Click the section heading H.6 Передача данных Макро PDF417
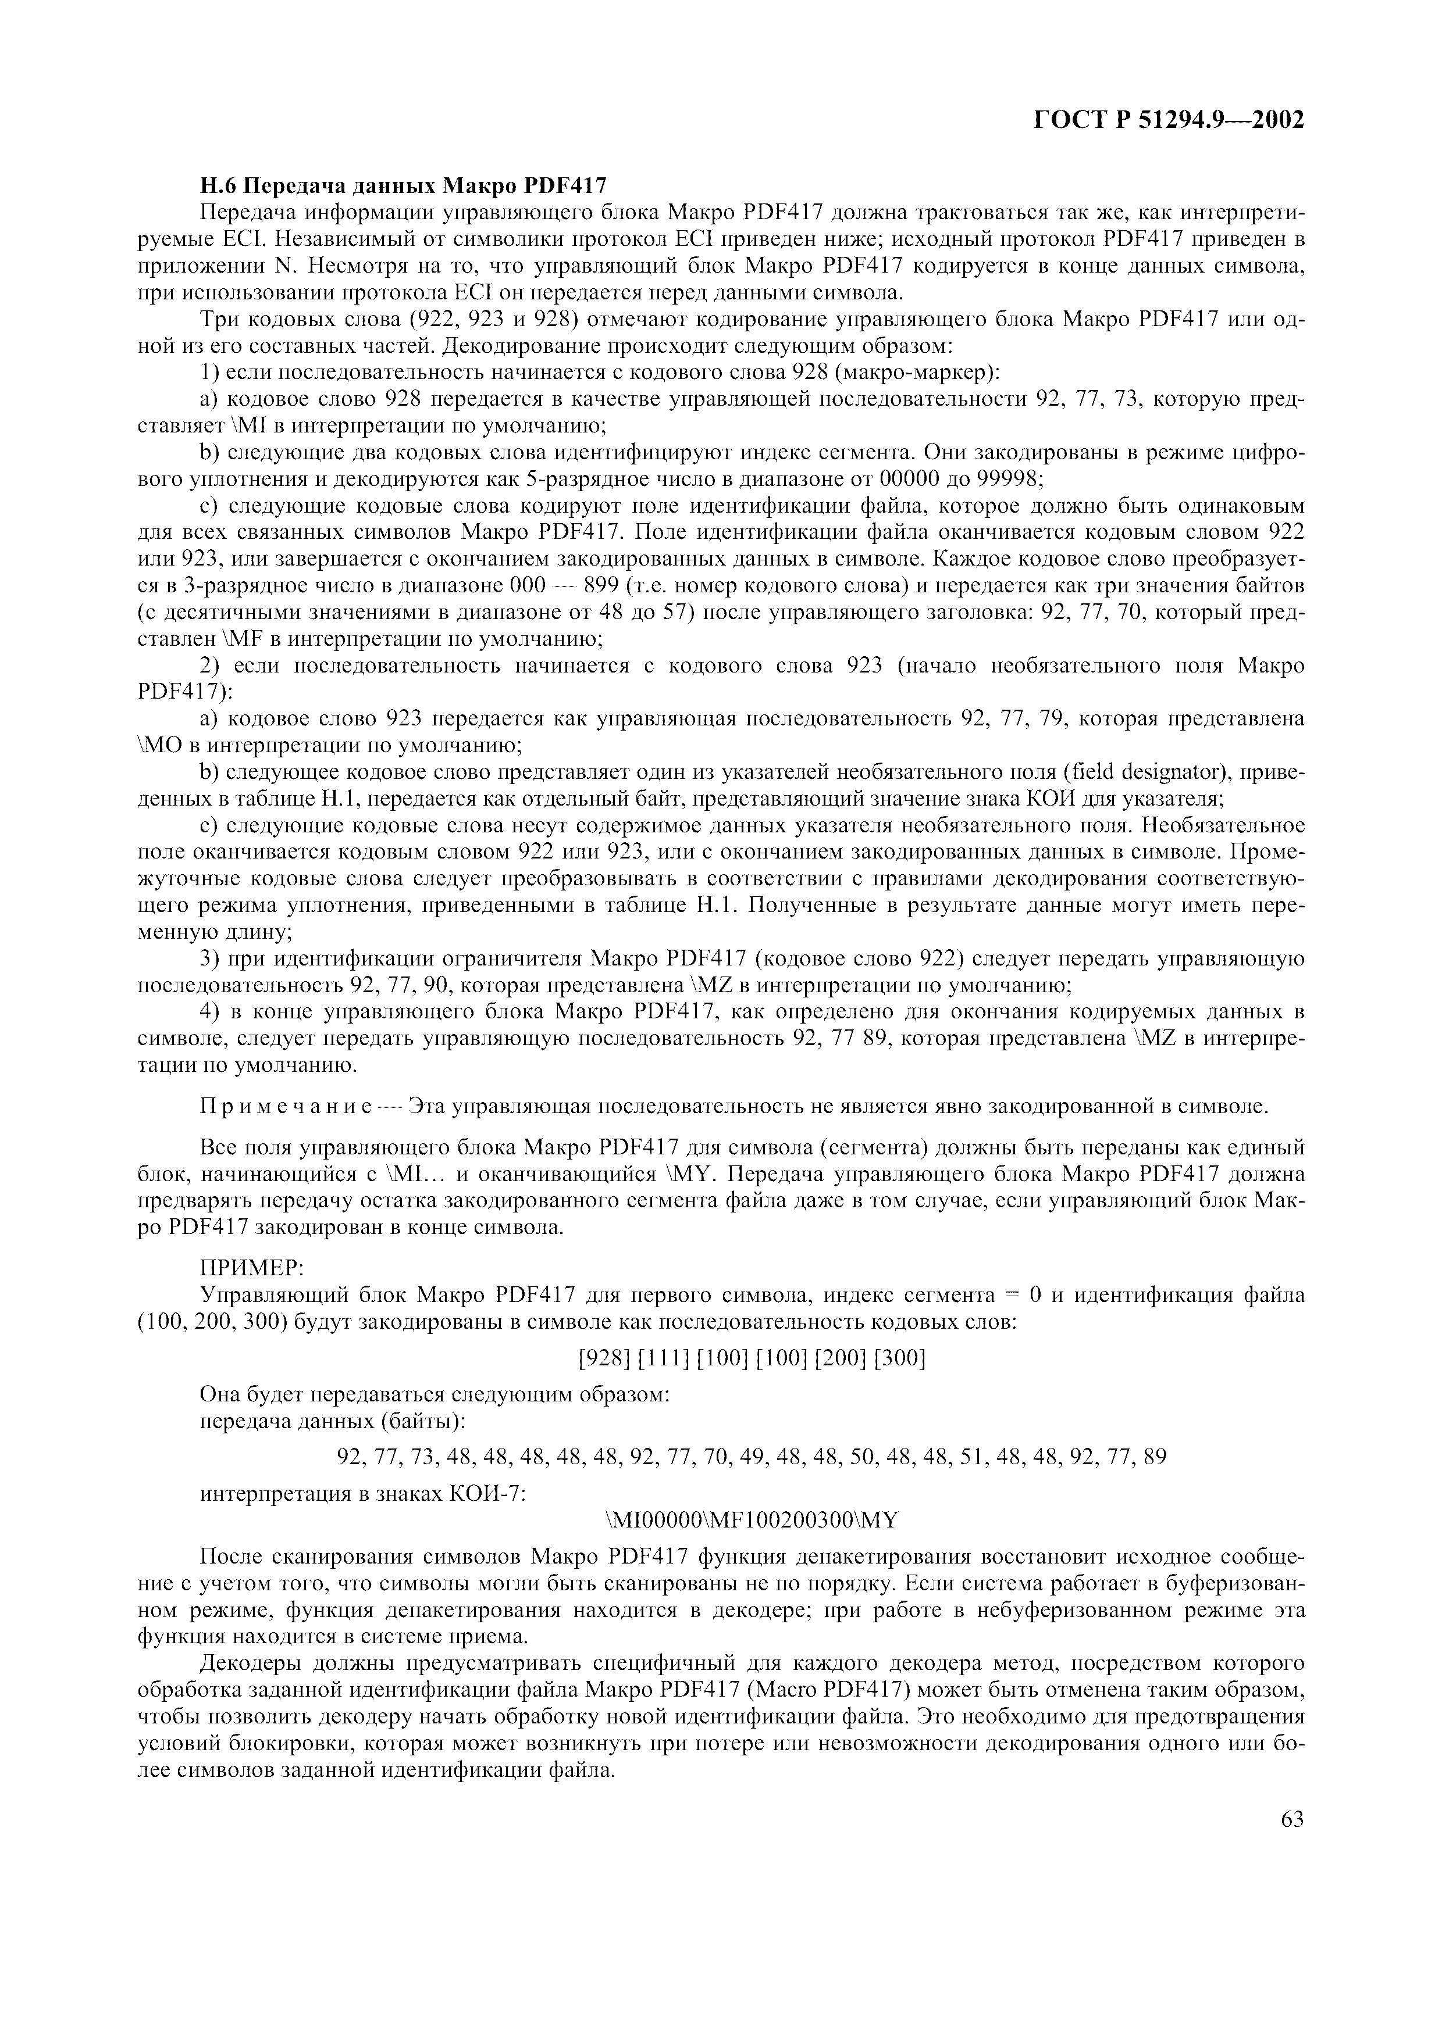pos(403,187)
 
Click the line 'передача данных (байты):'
pos(332,1421)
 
